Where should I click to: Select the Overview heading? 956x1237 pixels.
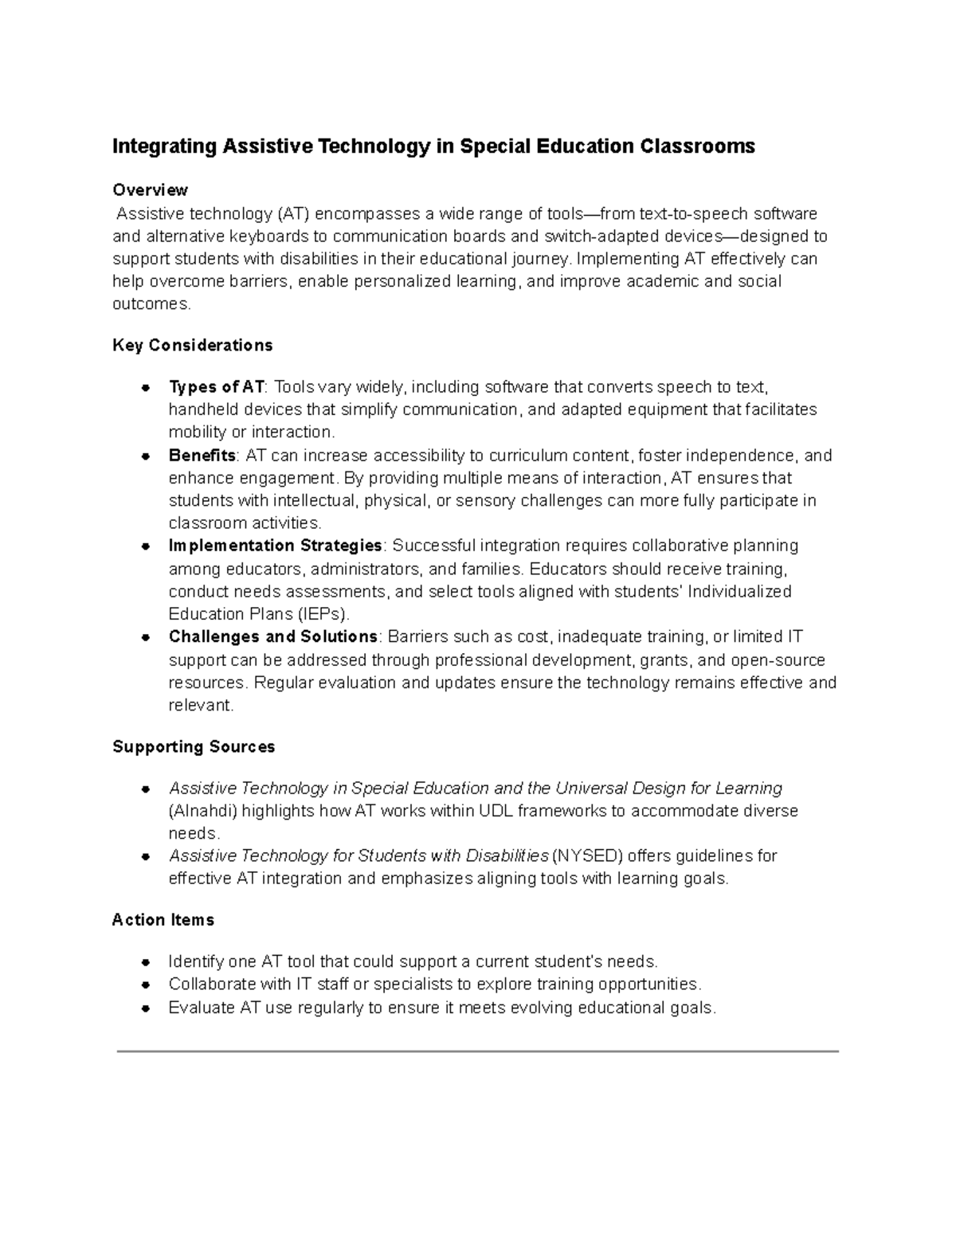coord(150,190)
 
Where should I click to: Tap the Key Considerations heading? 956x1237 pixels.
coord(192,345)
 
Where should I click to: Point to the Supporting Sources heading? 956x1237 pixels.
coord(194,746)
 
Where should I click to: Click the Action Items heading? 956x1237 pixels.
coord(163,920)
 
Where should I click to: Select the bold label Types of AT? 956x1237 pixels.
coord(216,387)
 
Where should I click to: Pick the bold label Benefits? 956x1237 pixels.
coord(202,456)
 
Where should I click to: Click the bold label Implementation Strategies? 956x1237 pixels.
coord(275,546)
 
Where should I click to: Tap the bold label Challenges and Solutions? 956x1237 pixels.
coord(272,636)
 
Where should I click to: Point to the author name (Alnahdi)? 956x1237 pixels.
coord(202,811)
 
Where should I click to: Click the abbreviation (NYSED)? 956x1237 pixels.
coord(585,855)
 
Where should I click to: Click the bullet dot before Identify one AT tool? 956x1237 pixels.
coord(146,962)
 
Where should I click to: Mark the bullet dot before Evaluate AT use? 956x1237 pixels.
coord(146,1008)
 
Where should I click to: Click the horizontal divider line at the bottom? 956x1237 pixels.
coord(477,1051)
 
